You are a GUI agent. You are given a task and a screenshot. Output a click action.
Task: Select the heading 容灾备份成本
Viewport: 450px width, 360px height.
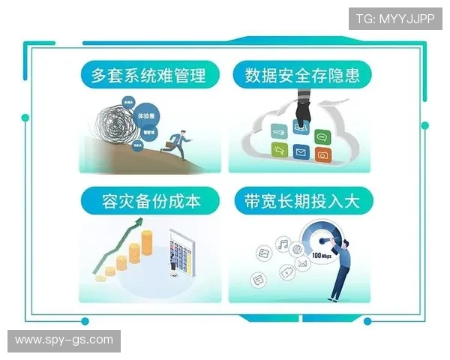coord(150,200)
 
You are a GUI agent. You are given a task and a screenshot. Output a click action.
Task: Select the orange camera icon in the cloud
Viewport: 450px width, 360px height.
coord(322,155)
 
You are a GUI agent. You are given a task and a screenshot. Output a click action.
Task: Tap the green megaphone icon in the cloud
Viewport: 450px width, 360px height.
coord(280,152)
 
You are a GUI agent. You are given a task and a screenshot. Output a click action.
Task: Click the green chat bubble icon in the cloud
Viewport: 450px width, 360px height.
coord(322,136)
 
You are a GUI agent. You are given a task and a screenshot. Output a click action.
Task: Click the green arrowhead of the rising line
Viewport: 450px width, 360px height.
coord(139,222)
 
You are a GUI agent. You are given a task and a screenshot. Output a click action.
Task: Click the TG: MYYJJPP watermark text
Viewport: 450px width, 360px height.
coord(394,18)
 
